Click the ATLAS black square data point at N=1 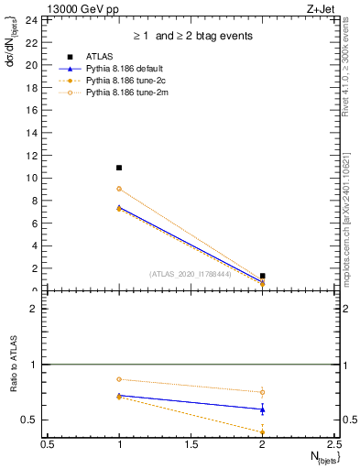119,168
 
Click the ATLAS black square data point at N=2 262,276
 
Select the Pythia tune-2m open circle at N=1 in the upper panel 119,189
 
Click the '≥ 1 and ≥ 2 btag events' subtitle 191,37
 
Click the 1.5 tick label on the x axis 191,444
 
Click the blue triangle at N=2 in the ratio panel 262,409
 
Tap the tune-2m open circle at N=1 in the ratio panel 119,379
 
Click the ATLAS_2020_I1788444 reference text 191,274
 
